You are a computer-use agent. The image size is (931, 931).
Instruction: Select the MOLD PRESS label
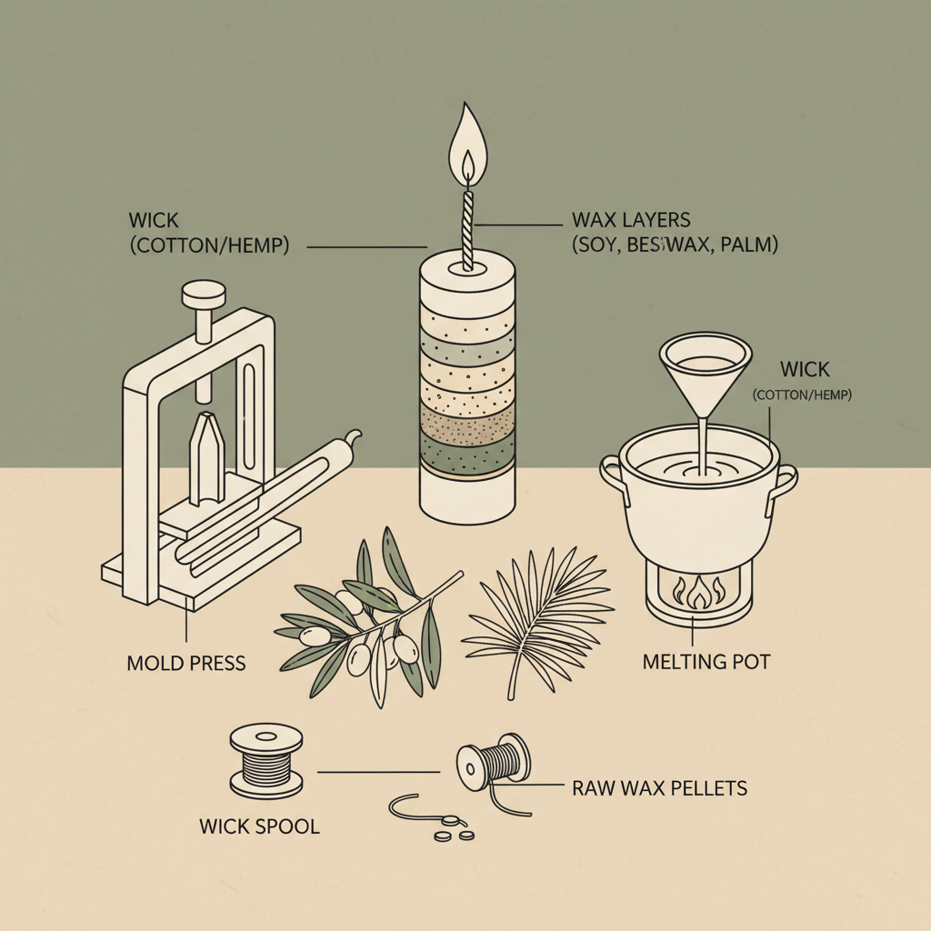185,662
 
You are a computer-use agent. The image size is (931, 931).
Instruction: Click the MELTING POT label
706,661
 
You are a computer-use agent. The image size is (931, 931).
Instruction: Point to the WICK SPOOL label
259,827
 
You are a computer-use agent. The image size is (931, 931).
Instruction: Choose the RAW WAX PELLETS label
659,787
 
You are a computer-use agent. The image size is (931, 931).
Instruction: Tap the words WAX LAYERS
631,220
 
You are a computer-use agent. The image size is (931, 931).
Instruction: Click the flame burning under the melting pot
699,596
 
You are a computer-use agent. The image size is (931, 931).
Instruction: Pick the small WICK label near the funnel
805,370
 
